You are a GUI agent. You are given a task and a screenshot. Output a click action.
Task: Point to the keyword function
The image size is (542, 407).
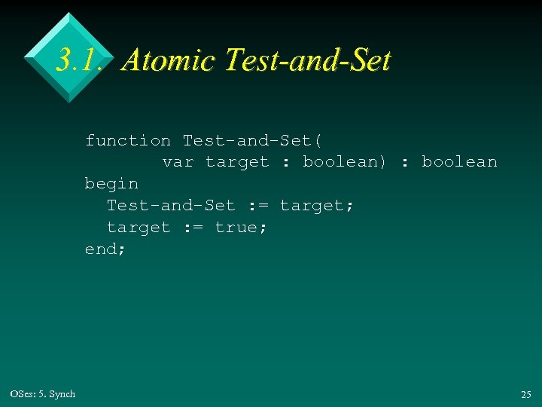click(128, 140)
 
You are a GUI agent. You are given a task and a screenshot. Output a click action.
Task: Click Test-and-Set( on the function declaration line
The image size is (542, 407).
click(253, 140)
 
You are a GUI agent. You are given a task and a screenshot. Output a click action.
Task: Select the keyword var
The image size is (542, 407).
click(178, 161)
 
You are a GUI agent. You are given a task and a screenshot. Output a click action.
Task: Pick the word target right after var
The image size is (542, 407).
click(237, 161)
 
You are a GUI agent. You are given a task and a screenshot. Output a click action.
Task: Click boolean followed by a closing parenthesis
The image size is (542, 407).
click(345, 161)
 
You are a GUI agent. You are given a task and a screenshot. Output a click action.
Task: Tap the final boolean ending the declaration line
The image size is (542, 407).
click(459, 161)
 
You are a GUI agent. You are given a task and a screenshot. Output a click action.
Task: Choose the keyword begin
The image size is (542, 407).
click(111, 183)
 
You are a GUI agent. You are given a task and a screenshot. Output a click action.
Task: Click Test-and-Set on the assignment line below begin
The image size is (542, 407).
click(171, 205)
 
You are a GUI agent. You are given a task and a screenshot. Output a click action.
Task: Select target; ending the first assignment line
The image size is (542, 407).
click(317, 205)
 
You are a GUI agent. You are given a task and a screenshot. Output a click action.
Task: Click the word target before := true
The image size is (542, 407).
click(139, 227)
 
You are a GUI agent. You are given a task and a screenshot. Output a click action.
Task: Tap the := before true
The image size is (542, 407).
click(193, 227)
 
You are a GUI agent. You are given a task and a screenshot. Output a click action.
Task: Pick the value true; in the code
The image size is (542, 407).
click(241, 227)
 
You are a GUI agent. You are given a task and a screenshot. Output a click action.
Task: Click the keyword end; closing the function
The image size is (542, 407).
click(105, 248)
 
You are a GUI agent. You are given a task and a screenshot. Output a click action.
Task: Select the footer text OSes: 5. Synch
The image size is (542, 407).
click(43, 394)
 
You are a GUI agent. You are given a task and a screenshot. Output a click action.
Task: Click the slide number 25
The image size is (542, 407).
click(525, 394)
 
